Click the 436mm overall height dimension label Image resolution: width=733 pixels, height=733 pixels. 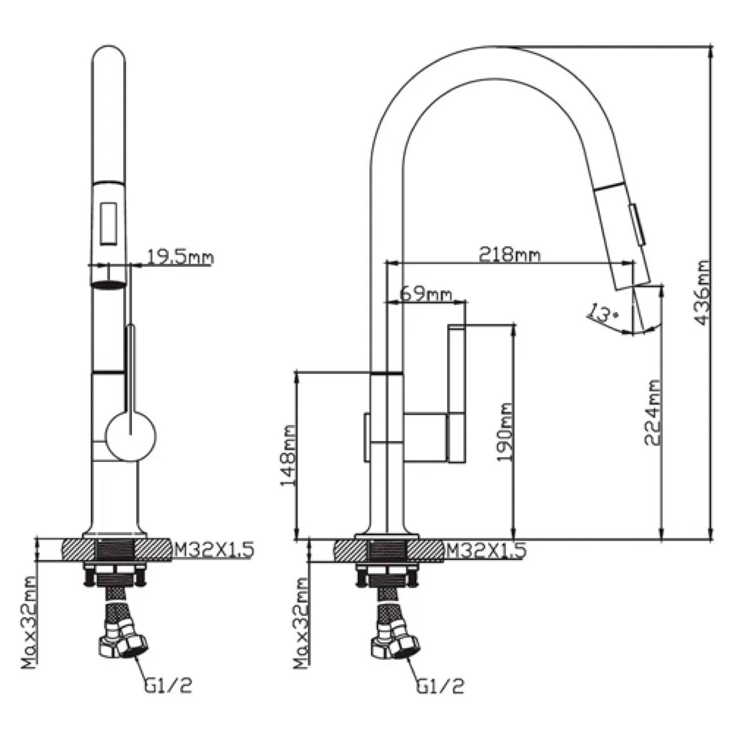pyautogui.click(x=702, y=293)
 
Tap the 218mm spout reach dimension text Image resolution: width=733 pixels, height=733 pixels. pyautogui.click(x=509, y=255)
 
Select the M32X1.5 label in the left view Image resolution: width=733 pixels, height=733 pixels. pyautogui.click(x=214, y=550)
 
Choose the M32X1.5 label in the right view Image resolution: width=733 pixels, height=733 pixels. pyautogui.click(x=486, y=549)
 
